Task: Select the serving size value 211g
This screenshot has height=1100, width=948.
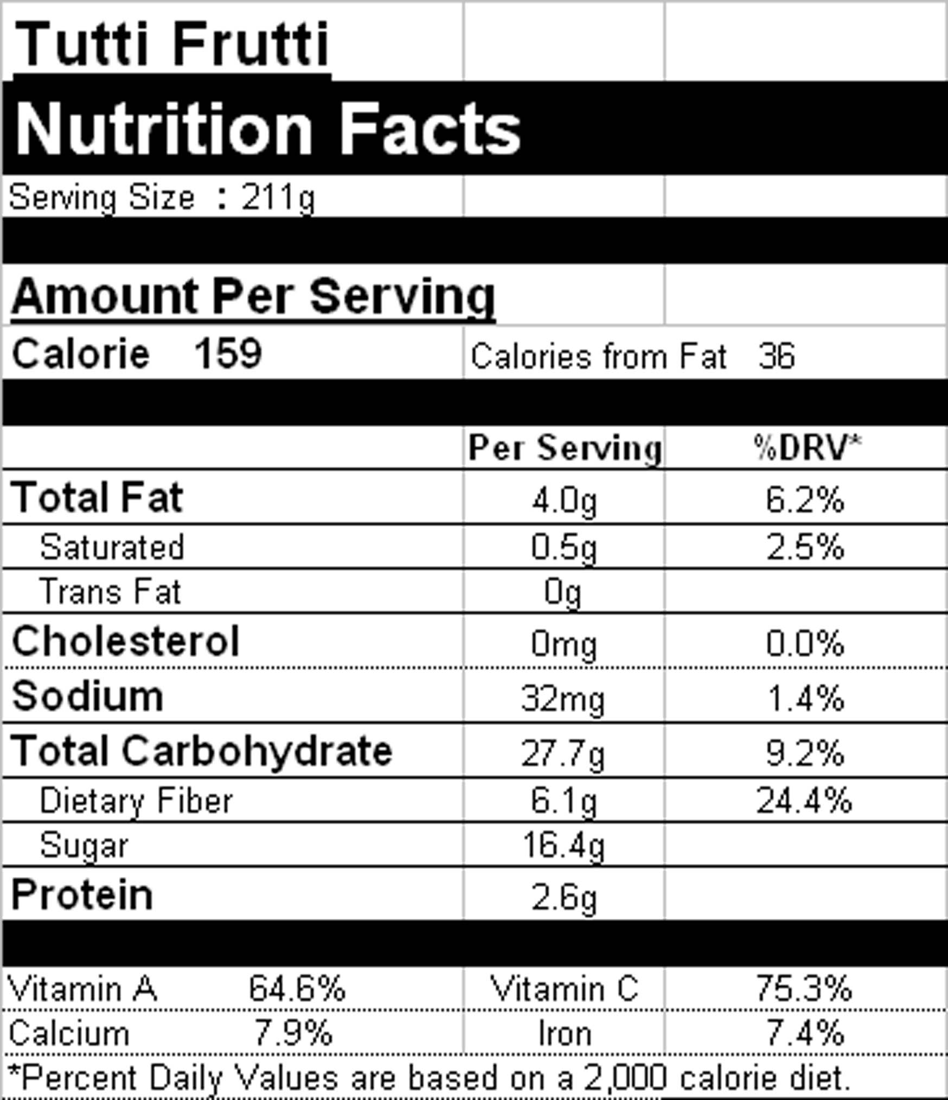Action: (278, 198)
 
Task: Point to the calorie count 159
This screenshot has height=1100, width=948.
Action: (228, 353)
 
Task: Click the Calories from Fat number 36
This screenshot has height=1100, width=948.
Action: (776, 356)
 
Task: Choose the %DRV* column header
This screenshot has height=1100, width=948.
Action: (807, 448)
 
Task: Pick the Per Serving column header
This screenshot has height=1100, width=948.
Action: (565, 448)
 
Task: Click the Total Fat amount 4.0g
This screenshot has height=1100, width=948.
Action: (564, 500)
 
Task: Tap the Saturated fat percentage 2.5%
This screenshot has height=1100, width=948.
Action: (805, 547)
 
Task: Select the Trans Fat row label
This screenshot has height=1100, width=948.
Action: (110, 591)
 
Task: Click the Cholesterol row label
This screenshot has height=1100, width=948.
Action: (125, 641)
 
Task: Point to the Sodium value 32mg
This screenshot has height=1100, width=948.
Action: (562, 698)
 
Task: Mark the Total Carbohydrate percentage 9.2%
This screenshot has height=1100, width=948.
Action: (805, 753)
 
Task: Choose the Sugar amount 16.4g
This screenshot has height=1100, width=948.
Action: (563, 845)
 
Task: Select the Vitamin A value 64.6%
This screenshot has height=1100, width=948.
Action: (297, 988)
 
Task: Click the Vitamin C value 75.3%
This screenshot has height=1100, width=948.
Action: (804, 988)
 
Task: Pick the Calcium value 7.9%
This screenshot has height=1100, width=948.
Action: (293, 1033)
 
